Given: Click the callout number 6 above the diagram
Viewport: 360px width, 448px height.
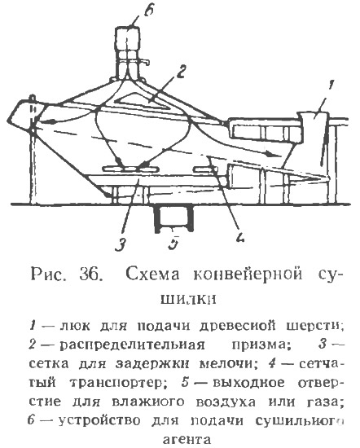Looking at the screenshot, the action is point(148,12).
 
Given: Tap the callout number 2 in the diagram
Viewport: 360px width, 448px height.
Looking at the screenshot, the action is point(180,72).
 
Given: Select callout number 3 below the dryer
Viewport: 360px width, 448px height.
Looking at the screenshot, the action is point(121,244).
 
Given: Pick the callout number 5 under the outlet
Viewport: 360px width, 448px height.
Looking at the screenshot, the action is point(173,243).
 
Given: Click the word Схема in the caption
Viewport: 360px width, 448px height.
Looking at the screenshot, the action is point(153,275).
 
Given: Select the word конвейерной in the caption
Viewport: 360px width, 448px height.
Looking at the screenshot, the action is point(248,275).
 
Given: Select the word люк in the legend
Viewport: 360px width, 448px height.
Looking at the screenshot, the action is point(75,326).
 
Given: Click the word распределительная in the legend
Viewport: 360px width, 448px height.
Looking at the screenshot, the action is point(132,345).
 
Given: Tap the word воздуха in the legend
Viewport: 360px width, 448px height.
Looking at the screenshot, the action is point(226,402).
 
